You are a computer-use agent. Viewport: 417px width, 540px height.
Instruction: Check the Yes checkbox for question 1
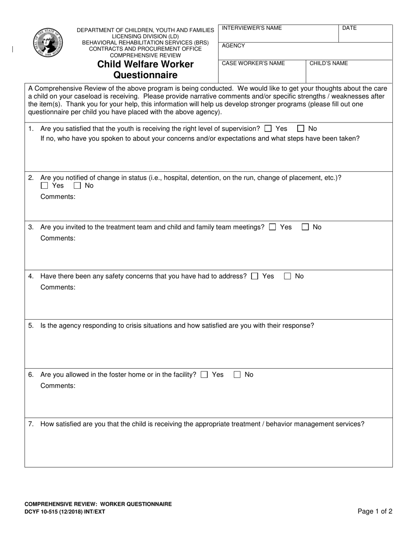[x=268, y=129]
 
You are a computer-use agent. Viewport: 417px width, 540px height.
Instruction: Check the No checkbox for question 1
[x=301, y=129]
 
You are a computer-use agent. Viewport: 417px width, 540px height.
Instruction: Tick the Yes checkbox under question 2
[x=44, y=186]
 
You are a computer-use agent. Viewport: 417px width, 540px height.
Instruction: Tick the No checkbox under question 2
[x=77, y=186]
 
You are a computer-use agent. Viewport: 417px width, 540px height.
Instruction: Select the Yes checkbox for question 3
[x=273, y=227]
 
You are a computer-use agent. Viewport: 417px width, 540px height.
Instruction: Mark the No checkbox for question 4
[x=288, y=276]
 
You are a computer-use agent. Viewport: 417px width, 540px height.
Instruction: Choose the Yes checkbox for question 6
[x=204, y=374]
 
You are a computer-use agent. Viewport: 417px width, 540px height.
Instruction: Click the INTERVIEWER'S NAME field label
[x=252, y=28]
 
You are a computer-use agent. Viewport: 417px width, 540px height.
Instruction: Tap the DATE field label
[x=349, y=28]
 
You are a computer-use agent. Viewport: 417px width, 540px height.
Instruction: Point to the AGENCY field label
[x=234, y=46]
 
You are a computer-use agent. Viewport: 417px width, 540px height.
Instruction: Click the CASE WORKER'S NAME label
[x=253, y=63]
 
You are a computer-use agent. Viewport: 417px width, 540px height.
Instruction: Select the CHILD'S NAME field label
[x=329, y=63]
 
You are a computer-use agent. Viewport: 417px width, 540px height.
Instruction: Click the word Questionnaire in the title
[x=145, y=75]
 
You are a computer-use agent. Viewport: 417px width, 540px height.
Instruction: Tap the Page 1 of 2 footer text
[x=375, y=511]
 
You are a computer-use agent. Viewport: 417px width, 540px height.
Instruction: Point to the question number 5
[x=31, y=326]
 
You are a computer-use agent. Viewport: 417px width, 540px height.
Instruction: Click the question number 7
[x=31, y=424]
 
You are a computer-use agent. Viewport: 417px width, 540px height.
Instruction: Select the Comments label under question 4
[x=58, y=287]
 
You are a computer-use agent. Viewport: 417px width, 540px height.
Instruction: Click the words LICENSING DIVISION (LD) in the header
[x=145, y=36]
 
